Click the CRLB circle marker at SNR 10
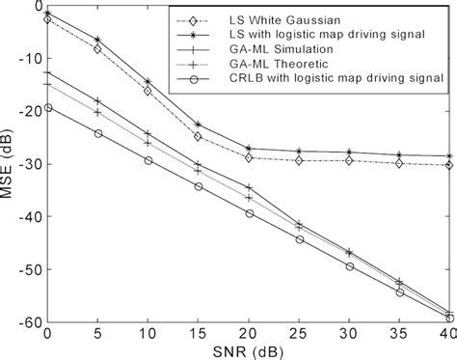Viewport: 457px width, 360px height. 148,160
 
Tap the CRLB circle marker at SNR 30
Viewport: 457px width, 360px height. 349,266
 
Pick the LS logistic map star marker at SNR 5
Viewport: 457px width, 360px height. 97,40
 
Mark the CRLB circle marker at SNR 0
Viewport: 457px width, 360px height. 47,107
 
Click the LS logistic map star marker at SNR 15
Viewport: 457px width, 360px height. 198,125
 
